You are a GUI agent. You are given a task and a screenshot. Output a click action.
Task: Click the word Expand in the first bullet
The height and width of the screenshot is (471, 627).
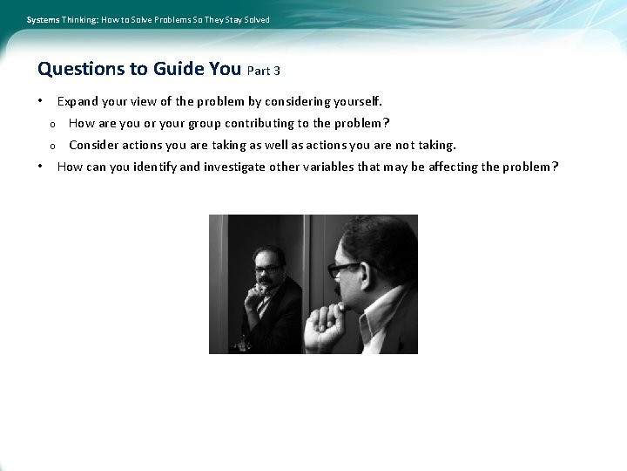78,102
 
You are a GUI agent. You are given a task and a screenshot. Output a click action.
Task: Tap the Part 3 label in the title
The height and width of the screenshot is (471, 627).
264,71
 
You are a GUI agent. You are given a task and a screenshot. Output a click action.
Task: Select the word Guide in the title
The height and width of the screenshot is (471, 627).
178,68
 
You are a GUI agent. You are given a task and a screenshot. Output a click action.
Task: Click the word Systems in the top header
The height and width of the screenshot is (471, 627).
43,19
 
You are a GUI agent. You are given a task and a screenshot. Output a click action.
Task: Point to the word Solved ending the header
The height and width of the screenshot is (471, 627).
255,19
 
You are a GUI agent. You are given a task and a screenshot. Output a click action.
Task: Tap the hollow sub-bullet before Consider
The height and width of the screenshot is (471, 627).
52,146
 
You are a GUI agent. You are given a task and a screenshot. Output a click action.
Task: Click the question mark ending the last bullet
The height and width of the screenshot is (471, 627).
555,167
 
